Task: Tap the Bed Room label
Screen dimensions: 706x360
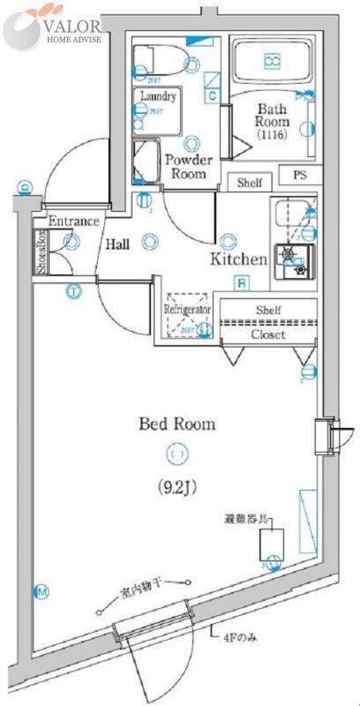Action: (x=176, y=424)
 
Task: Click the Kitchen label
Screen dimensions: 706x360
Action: (x=237, y=259)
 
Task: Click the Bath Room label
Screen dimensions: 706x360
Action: (x=273, y=123)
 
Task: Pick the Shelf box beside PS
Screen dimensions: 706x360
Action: (x=250, y=183)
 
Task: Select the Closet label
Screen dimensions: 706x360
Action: (x=267, y=334)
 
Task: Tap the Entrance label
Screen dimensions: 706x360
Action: (x=72, y=221)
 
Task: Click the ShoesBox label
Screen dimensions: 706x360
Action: (x=40, y=252)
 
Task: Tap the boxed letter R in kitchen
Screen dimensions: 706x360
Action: (x=240, y=283)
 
